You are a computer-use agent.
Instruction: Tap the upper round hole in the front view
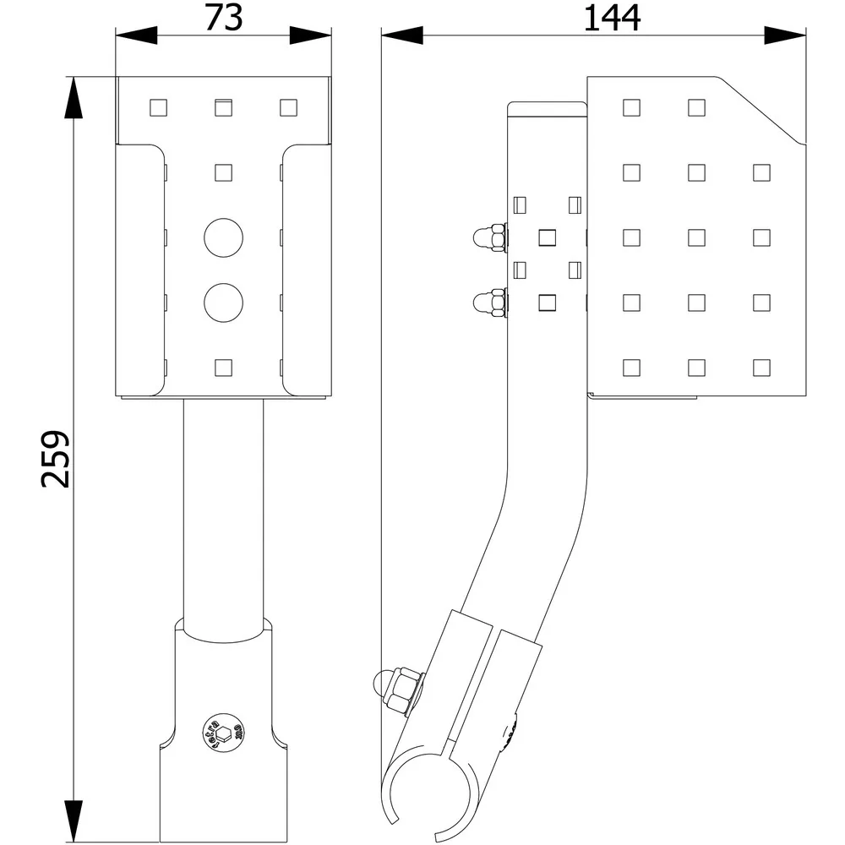coord(223,237)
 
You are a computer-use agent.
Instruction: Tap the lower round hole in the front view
coord(223,302)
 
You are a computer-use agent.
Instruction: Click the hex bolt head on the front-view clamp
coord(223,731)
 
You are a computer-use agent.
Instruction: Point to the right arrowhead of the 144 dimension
coord(785,35)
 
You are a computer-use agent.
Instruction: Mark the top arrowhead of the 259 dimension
coord(74,98)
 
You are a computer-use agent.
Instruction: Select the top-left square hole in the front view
coord(158,107)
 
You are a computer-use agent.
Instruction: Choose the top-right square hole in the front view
coord(288,107)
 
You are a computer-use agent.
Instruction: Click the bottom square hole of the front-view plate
coord(223,367)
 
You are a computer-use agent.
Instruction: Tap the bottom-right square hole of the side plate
coord(761,367)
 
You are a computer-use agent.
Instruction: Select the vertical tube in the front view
coord(223,507)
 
